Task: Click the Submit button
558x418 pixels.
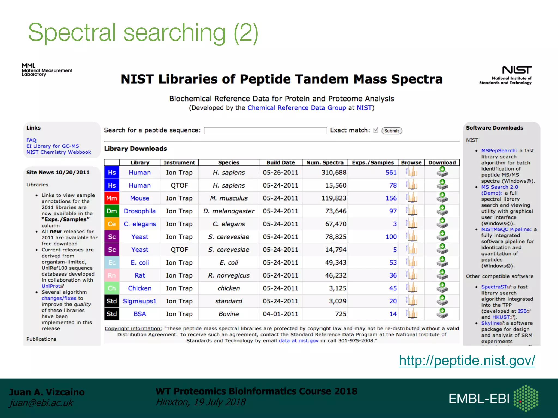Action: pos(392,131)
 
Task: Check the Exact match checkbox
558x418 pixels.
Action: pos(376,130)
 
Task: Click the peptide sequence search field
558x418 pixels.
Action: pos(265,131)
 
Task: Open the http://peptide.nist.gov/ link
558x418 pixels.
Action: pos(467,360)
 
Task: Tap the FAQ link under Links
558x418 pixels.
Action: pos(31,140)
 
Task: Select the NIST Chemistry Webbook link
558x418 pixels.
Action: pos(59,152)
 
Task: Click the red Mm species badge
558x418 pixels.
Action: pos(112,198)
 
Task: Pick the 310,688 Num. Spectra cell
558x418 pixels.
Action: pos(333,173)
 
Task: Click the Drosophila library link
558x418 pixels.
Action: pos(139,211)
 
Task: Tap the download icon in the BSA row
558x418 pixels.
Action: pos(442,313)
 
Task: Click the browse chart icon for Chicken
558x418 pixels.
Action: pos(412,288)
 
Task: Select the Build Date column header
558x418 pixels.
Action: pos(280,162)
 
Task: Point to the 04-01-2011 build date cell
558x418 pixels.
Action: pos(280,314)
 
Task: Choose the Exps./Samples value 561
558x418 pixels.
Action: pos(391,173)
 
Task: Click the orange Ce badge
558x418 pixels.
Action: pos(112,224)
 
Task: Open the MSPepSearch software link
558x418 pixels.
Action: pos(499,150)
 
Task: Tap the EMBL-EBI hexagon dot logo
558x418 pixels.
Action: pos(526,398)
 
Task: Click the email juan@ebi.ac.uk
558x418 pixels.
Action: pos(41,403)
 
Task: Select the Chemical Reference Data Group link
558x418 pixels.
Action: pos(296,108)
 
